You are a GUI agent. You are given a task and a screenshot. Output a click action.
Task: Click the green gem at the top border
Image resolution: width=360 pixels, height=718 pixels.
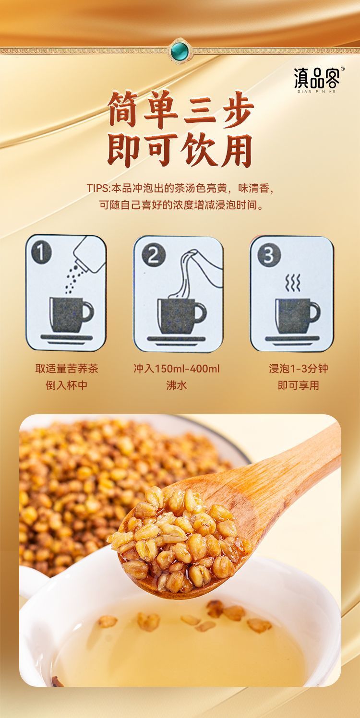pyautogui.click(x=180, y=50)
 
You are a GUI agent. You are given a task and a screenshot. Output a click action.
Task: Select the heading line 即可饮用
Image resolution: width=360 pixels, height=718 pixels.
pyautogui.click(x=180, y=151)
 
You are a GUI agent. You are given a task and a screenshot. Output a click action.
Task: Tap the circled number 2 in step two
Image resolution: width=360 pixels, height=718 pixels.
pyautogui.click(x=153, y=255)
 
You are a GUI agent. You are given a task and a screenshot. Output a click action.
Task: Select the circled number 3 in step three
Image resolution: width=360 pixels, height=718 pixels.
pyautogui.click(x=269, y=255)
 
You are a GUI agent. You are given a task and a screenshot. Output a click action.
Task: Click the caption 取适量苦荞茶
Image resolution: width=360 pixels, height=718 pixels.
pyautogui.click(x=67, y=369)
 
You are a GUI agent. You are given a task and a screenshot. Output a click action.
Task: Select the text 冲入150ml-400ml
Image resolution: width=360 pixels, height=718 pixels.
pyautogui.click(x=176, y=369)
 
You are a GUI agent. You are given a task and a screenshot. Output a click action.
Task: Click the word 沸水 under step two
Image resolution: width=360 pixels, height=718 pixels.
pyautogui.click(x=176, y=385)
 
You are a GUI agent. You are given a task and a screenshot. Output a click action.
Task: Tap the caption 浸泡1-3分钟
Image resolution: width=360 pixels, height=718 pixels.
pyautogui.click(x=298, y=369)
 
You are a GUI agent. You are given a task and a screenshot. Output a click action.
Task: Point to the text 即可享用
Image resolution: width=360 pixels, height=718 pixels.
pyautogui.click(x=298, y=385)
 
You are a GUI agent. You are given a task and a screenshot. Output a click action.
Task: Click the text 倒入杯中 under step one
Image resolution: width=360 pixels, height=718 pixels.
pyautogui.click(x=67, y=385)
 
